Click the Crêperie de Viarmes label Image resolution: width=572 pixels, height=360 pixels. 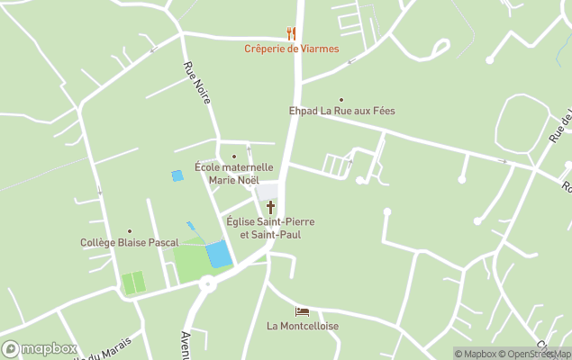291,49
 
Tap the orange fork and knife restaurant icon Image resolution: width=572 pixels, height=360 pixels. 291,33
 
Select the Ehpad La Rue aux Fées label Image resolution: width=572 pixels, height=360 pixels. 341,111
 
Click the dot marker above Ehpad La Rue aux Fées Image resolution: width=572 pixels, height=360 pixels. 340,100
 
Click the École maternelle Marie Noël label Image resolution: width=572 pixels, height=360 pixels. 234,173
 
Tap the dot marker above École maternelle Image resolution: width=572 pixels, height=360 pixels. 234,157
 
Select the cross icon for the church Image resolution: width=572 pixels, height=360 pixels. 270,207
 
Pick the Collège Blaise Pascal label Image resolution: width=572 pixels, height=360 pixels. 129,242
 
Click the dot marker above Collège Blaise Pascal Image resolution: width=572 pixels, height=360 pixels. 129,231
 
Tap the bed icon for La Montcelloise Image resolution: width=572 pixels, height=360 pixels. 302,312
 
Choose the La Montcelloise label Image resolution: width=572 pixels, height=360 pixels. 303,326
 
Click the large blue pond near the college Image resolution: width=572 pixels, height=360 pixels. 219,254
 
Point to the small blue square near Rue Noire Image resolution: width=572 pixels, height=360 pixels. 177,175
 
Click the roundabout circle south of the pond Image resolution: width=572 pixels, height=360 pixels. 209,284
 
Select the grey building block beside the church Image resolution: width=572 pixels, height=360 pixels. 268,192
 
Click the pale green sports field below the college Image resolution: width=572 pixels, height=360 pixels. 133,283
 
